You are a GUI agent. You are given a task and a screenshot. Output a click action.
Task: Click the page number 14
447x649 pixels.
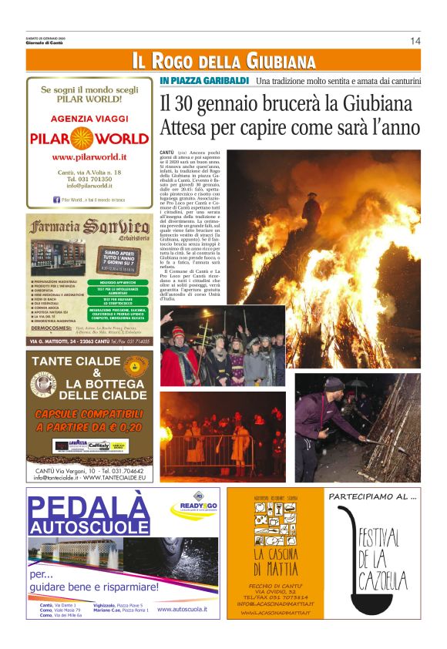click(x=415, y=41)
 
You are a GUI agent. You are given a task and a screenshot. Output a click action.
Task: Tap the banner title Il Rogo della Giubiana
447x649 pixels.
click(x=223, y=61)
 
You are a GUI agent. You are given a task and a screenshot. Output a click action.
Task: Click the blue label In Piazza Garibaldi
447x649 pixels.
click(x=204, y=81)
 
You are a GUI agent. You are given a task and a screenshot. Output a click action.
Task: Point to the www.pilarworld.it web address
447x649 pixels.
click(x=89, y=156)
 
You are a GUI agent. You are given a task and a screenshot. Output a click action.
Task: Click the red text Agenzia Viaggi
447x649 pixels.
click(x=89, y=119)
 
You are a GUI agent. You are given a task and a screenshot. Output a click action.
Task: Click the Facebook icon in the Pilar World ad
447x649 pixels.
click(x=56, y=200)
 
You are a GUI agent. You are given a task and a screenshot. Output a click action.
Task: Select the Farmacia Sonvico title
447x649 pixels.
click(x=89, y=228)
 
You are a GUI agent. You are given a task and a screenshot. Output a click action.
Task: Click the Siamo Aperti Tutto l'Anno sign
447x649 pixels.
click(x=119, y=259)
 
